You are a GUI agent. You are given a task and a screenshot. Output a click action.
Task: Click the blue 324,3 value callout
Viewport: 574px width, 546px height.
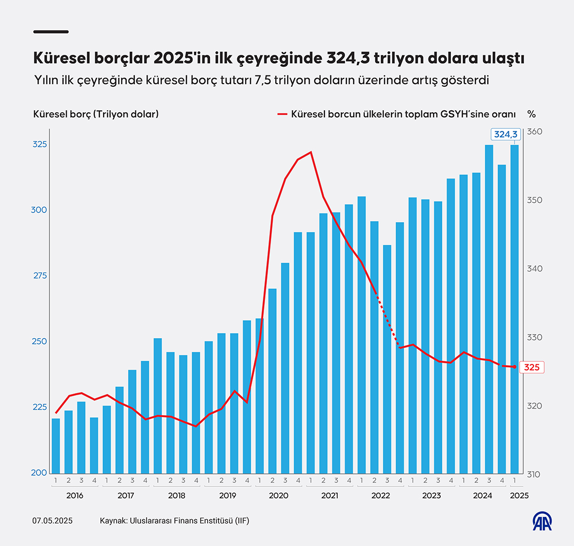coord(506,134)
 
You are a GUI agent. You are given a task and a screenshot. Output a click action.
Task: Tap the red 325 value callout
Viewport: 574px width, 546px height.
coord(531,367)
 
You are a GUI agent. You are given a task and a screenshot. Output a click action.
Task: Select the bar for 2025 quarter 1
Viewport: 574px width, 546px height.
coord(515,308)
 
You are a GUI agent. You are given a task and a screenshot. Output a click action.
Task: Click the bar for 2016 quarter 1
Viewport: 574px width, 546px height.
coord(56,445)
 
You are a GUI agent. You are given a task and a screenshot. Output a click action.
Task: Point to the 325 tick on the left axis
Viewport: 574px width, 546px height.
coord(40,145)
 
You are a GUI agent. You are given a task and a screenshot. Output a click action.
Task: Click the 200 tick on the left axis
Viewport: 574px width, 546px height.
coord(40,473)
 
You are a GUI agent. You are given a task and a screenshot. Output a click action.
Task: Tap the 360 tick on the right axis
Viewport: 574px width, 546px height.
coord(535,132)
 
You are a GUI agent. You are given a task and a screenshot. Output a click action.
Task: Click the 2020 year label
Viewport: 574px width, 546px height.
coord(278,496)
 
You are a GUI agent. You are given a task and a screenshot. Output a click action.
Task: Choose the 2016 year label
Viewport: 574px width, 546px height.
coord(74,496)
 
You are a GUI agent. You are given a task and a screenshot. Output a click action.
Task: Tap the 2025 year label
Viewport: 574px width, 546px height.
coord(519,496)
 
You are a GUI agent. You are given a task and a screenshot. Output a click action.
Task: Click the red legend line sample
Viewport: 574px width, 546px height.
coord(282,114)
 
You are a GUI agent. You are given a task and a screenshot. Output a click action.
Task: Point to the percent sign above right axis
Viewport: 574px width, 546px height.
coord(531,114)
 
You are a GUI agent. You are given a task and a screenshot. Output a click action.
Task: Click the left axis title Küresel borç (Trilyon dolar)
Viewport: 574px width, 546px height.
coord(96,114)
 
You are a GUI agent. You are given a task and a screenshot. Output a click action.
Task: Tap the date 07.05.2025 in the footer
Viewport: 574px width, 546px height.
coord(53,521)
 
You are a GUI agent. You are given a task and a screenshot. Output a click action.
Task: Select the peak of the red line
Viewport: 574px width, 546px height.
coord(311,152)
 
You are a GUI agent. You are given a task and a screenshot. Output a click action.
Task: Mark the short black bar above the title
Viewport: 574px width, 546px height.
coord(51,32)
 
